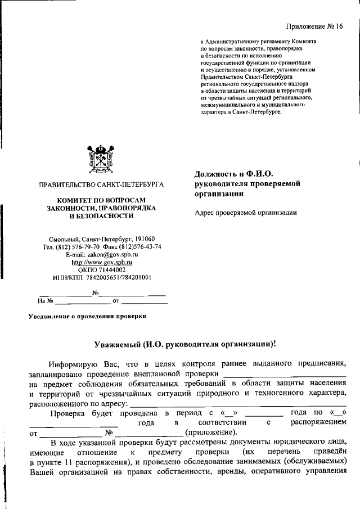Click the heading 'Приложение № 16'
[x=314, y=26]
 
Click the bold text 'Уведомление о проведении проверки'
[x=87, y=316]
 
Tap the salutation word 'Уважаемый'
[x=117, y=344]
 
